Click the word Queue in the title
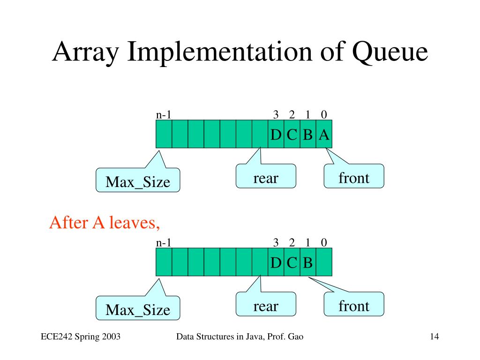[390, 52]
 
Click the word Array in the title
[85, 52]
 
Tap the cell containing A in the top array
[324, 134]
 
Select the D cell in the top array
[276, 134]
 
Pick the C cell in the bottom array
[292, 262]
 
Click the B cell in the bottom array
[308, 262]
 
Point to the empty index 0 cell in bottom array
[324, 262]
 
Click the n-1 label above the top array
[164, 115]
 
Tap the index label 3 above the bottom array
[276, 243]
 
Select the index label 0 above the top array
[324, 115]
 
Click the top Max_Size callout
[138, 180]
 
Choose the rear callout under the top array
[266, 176]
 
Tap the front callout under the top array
[354, 176]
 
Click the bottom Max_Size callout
[138, 308]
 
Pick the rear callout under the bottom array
[266, 304]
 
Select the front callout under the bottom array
[354, 304]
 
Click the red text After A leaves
[105, 223]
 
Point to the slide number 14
[435, 337]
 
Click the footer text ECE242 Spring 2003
[81, 337]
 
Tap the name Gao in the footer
[296, 337]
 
